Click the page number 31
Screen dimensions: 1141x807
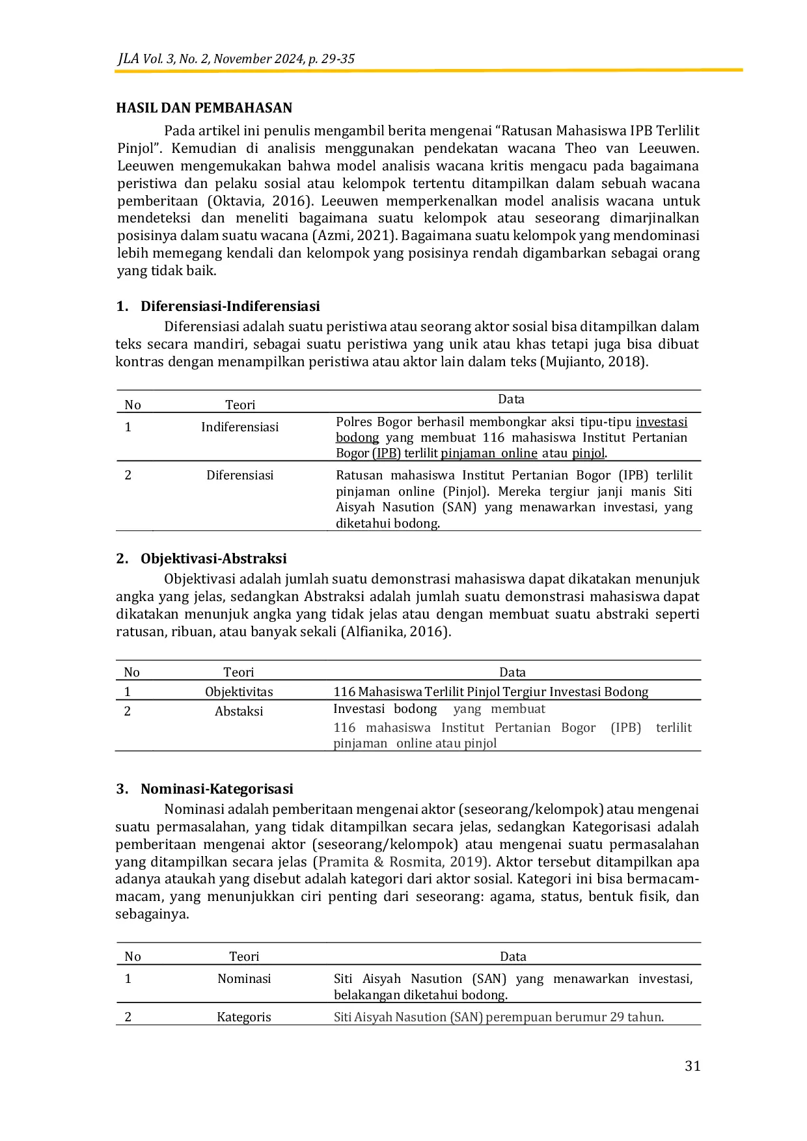pyautogui.click(x=692, y=1066)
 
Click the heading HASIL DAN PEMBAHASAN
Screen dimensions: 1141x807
pyautogui.click(x=204, y=108)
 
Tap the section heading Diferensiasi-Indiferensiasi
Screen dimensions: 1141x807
pyautogui.click(x=230, y=306)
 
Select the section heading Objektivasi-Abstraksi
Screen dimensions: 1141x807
pyautogui.click(x=213, y=559)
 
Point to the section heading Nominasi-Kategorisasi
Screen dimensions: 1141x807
pyautogui.click(x=217, y=789)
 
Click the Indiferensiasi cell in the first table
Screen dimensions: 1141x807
pyautogui.click(x=239, y=427)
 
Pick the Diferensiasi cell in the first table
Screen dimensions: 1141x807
pyautogui.click(x=239, y=476)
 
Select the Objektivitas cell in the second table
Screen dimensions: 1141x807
pyautogui.click(x=239, y=692)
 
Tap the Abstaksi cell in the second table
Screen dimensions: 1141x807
pyautogui.click(x=239, y=712)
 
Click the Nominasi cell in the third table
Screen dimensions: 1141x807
pyautogui.click(x=244, y=979)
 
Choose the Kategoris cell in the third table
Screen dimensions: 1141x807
pyautogui.click(x=243, y=1017)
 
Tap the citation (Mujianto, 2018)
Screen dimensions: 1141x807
pyautogui.click(x=594, y=362)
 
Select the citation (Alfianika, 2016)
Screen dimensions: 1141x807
pyautogui.click(x=396, y=632)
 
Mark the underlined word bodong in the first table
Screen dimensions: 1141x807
pyautogui.click(x=357, y=438)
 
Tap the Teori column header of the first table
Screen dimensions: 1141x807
pyautogui.click(x=240, y=405)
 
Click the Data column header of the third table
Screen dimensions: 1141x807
pyautogui.click(x=513, y=957)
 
